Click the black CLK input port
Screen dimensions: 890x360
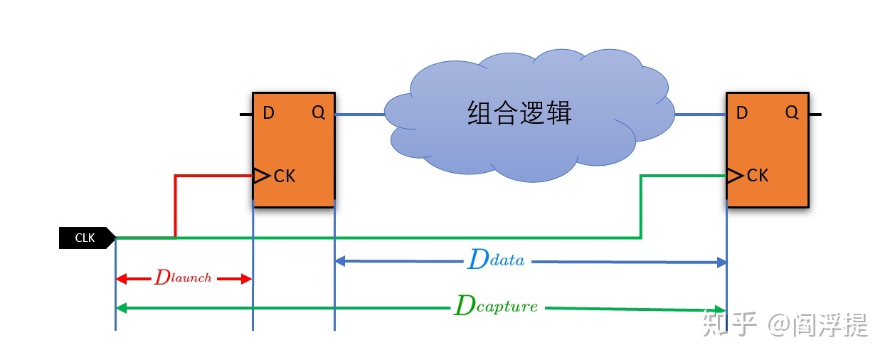tap(88, 238)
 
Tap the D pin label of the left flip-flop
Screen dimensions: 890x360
tap(269, 113)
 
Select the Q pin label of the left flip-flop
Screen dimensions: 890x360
tap(318, 112)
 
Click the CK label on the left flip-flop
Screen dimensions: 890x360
tap(285, 176)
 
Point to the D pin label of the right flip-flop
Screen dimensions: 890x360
tap(742, 113)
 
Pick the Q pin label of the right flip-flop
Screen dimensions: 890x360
tap(792, 112)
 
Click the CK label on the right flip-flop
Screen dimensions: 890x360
tap(758, 175)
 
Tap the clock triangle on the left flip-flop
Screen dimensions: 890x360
tap(262, 176)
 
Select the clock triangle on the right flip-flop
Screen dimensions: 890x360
tap(735, 175)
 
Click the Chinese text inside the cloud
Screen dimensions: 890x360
tap(519, 113)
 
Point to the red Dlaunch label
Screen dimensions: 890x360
tap(183, 277)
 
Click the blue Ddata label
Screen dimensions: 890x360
tap(497, 259)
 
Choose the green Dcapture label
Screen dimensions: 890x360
tap(496, 305)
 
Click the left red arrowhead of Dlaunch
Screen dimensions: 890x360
tap(121, 279)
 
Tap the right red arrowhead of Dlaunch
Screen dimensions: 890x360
tap(246, 279)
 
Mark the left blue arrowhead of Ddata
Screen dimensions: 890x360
tap(340, 260)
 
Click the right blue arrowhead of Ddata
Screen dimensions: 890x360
tap(721, 263)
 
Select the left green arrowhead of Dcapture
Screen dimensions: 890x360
tap(121, 308)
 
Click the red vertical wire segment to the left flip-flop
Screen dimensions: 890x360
tap(175, 206)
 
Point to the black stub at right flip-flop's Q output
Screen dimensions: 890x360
tap(815, 115)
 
